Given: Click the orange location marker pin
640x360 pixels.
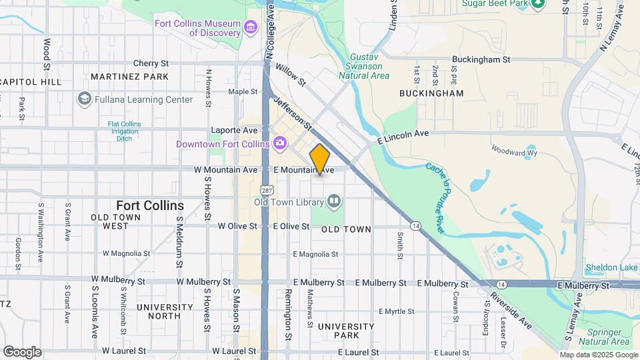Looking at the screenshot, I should [x=320, y=159].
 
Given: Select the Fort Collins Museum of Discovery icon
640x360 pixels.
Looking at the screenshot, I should [x=250, y=27].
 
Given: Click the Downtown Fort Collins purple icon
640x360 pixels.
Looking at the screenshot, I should [x=279, y=143].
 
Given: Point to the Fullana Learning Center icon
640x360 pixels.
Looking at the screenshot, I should [x=84, y=99].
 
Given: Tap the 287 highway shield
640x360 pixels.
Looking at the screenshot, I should [x=267, y=190].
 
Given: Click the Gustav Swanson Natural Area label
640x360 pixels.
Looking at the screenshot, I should [x=364, y=67].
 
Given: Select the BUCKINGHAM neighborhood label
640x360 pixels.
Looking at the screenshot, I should [x=431, y=94].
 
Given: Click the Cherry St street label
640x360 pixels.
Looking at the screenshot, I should [x=150, y=63].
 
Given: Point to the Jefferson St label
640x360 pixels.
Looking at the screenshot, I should [x=293, y=113].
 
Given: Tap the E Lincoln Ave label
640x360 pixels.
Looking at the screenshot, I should [x=403, y=137].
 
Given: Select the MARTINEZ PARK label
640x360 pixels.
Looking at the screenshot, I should [x=129, y=77].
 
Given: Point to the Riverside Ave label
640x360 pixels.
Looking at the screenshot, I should [x=511, y=310].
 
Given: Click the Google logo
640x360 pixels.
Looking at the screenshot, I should [x=22, y=351].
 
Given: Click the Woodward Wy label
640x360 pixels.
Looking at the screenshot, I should [x=514, y=151].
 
